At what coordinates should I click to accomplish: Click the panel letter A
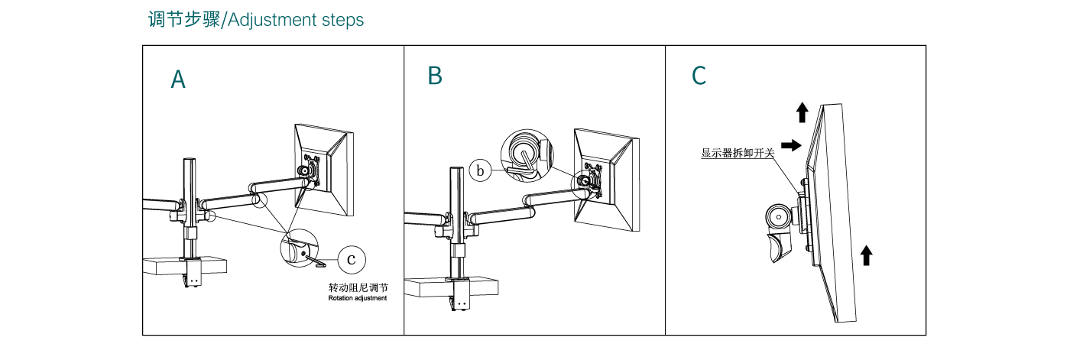click(x=178, y=79)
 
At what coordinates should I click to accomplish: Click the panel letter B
click(x=435, y=76)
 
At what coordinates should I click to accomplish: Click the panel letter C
click(x=699, y=76)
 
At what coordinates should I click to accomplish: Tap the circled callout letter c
click(x=351, y=259)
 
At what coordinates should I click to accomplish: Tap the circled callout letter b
click(x=480, y=170)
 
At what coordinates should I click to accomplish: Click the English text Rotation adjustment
click(x=358, y=299)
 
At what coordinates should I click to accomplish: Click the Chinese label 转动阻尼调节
click(x=358, y=287)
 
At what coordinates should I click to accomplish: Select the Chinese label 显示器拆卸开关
click(x=738, y=153)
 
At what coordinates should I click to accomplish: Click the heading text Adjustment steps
click(x=296, y=20)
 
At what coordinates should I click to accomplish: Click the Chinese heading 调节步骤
click(x=183, y=20)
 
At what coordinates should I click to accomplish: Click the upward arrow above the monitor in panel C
click(x=802, y=113)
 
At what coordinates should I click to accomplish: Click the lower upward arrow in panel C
click(x=866, y=255)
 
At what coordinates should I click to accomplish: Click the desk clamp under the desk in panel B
click(x=461, y=297)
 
